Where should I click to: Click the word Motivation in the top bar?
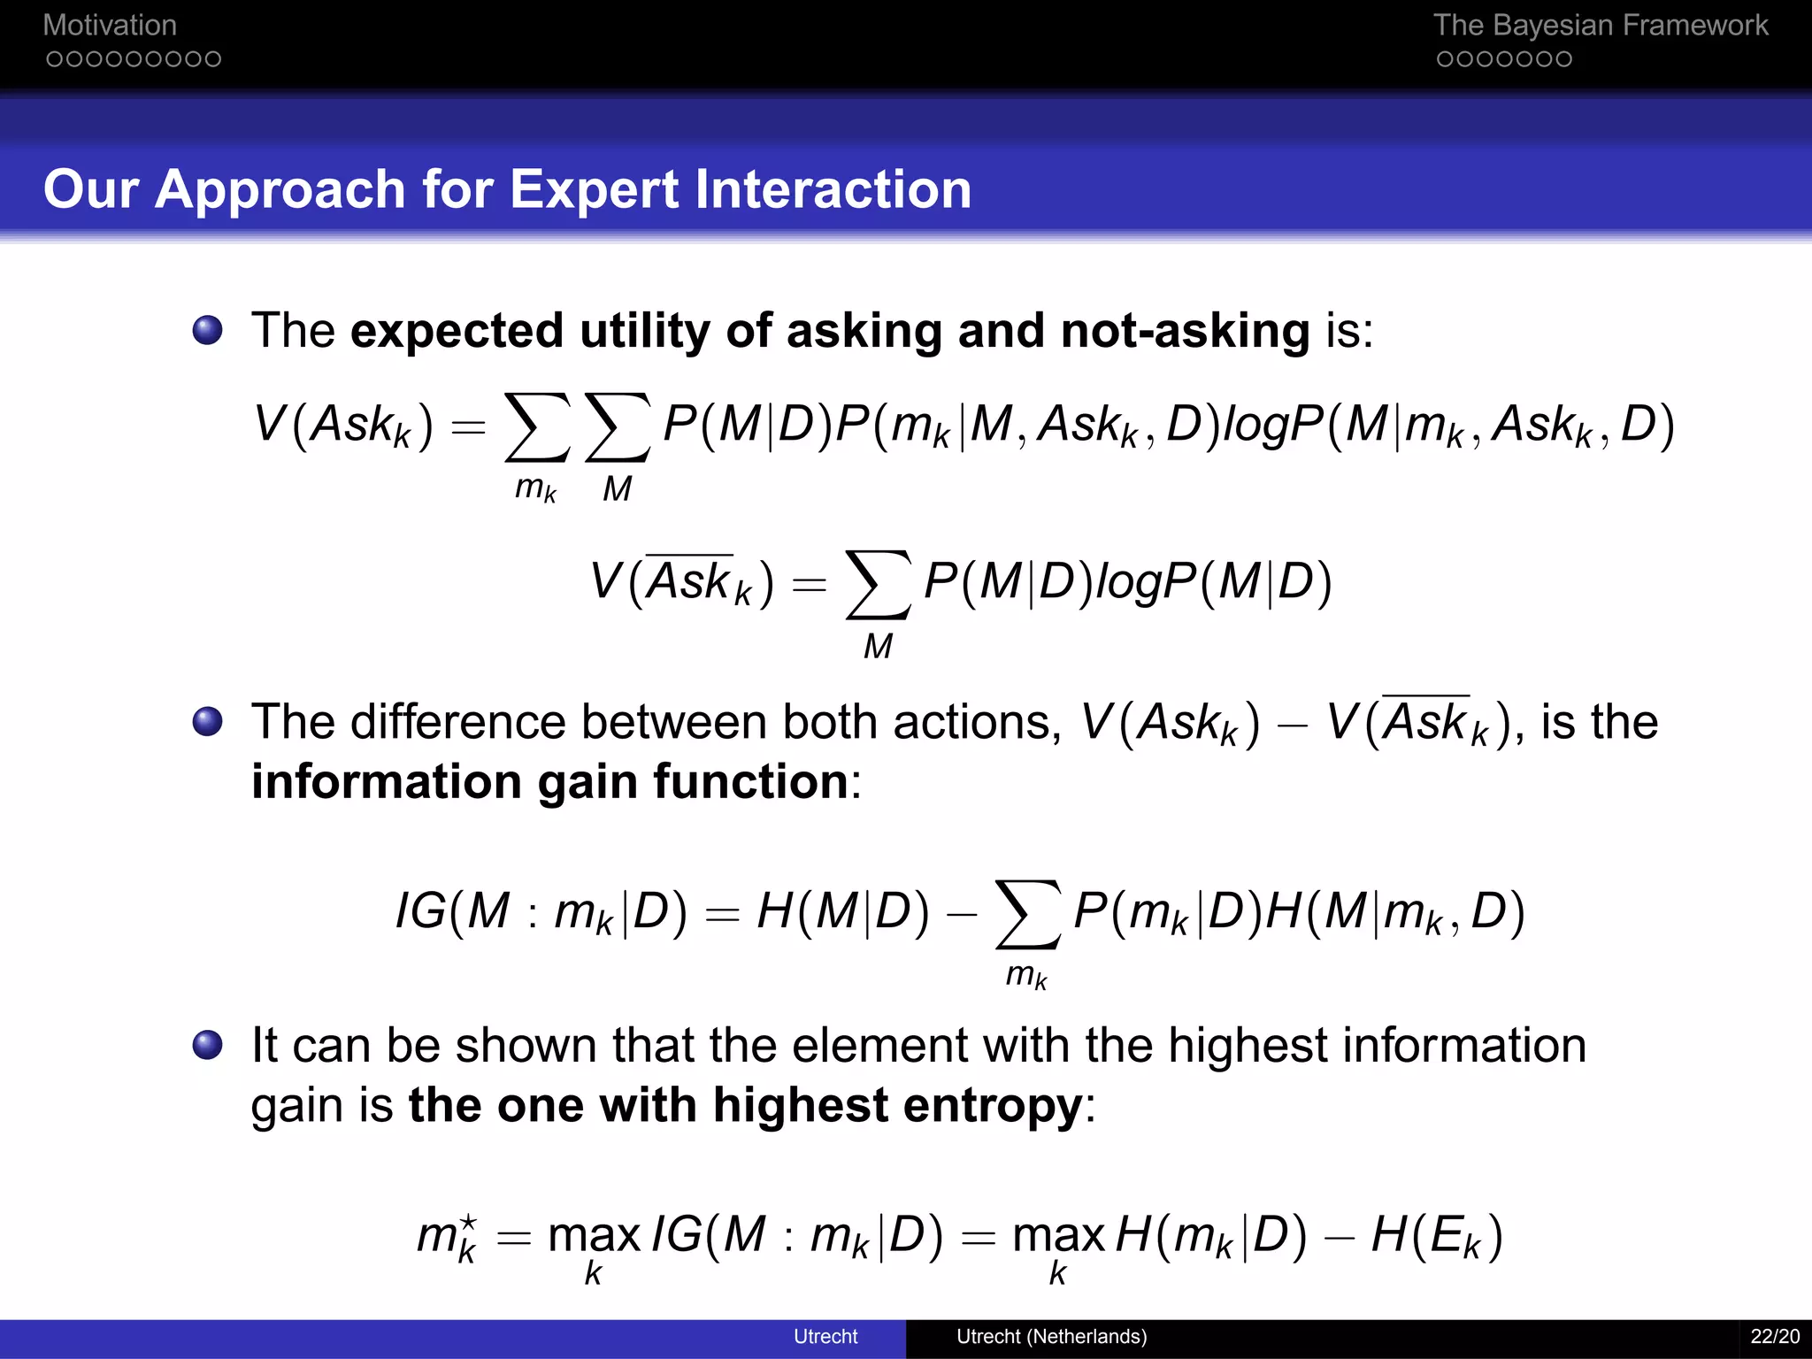pyautogui.click(x=110, y=26)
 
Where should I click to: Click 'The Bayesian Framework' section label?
pyautogui.click(x=1600, y=26)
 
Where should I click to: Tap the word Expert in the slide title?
pyautogui.click(x=595, y=189)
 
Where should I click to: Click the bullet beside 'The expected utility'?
pyautogui.click(x=208, y=331)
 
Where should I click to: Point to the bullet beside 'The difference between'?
pyautogui.click(x=208, y=721)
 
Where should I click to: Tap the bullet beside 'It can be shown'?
pyautogui.click(x=208, y=1045)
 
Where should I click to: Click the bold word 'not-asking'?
pyautogui.click(x=1185, y=331)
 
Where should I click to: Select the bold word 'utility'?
pyautogui.click(x=645, y=331)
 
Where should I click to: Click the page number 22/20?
pyautogui.click(x=1775, y=1336)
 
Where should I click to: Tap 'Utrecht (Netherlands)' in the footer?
pyautogui.click(x=1051, y=1336)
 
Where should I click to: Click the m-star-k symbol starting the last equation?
pyautogui.click(x=448, y=1236)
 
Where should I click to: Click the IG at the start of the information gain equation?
pyautogui.click(x=420, y=911)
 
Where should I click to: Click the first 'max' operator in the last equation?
pyautogui.click(x=594, y=1236)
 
